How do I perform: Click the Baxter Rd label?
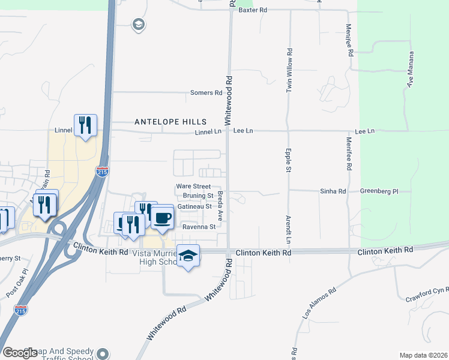pyautogui.click(x=252, y=11)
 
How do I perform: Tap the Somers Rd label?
pyautogui.click(x=206, y=93)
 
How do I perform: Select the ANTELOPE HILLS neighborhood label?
pyautogui.click(x=170, y=121)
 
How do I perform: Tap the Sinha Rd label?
pyautogui.click(x=334, y=191)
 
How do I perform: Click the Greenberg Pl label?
pyautogui.click(x=379, y=191)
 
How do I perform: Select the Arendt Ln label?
pyautogui.click(x=288, y=230)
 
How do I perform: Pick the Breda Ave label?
pyautogui.click(x=220, y=206)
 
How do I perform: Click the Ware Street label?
pyautogui.click(x=193, y=187)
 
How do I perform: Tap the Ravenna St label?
pyautogui.click(x=199, y=227)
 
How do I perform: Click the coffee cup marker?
pyautogui.click(x=162, y=217)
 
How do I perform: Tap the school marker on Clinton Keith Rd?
pyautogui.click(x=188, y=256)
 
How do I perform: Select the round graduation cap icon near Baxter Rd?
pyautogui.click(x=139, y=25)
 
